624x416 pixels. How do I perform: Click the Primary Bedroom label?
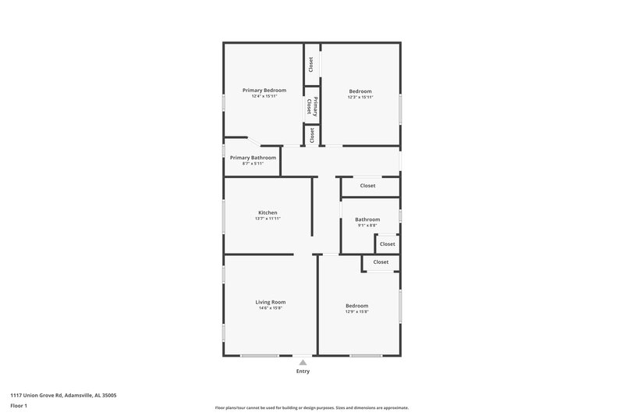click(x=264, y=91)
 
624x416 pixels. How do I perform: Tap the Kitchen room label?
click(x=268, y=212)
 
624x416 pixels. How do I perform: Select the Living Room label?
click(x=270, y=302)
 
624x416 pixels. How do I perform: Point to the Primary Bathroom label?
click(x=253, y=158)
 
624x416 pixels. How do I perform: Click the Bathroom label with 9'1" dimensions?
click(x=367, y=219)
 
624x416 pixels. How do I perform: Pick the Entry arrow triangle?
click(x=303, y=362)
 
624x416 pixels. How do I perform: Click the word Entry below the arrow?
click(x=303, y=372)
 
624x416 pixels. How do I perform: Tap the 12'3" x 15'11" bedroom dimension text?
click(x=360, y=98)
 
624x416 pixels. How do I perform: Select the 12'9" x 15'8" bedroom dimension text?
click(x=356, y=311)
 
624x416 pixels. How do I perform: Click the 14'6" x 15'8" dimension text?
click(x=270, y=308)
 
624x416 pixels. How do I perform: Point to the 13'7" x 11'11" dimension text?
click(x=268, y=219)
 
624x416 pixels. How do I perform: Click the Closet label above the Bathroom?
click(x=367, y=186)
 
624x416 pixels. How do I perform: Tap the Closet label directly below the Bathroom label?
click(x=387, y=244)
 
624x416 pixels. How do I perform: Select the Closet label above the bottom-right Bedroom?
click(x=381, y=262)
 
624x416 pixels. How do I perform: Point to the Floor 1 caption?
click(x=19, y=407)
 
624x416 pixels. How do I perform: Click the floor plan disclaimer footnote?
click(x=312, y=407)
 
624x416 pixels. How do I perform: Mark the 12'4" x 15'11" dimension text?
click(x=264, y=97)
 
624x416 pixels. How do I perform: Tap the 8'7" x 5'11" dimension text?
click(x=253, y=163)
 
